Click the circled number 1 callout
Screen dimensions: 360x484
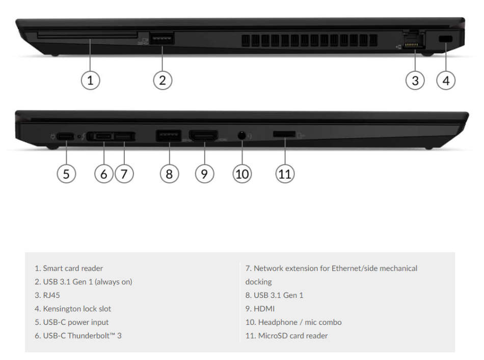90,80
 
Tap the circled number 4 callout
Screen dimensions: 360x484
446,80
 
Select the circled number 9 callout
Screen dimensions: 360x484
204,173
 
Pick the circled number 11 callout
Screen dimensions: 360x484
285,173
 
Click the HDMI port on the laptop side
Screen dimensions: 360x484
203,136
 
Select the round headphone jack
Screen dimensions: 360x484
242,136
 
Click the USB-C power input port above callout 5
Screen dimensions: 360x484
65,136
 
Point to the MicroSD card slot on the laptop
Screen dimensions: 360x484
284,134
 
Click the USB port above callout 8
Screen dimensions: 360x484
168,136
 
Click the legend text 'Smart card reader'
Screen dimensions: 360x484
72,268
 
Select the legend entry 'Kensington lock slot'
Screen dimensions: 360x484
76,309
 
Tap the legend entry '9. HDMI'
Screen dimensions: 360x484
260,309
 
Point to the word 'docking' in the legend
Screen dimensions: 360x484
258,282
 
